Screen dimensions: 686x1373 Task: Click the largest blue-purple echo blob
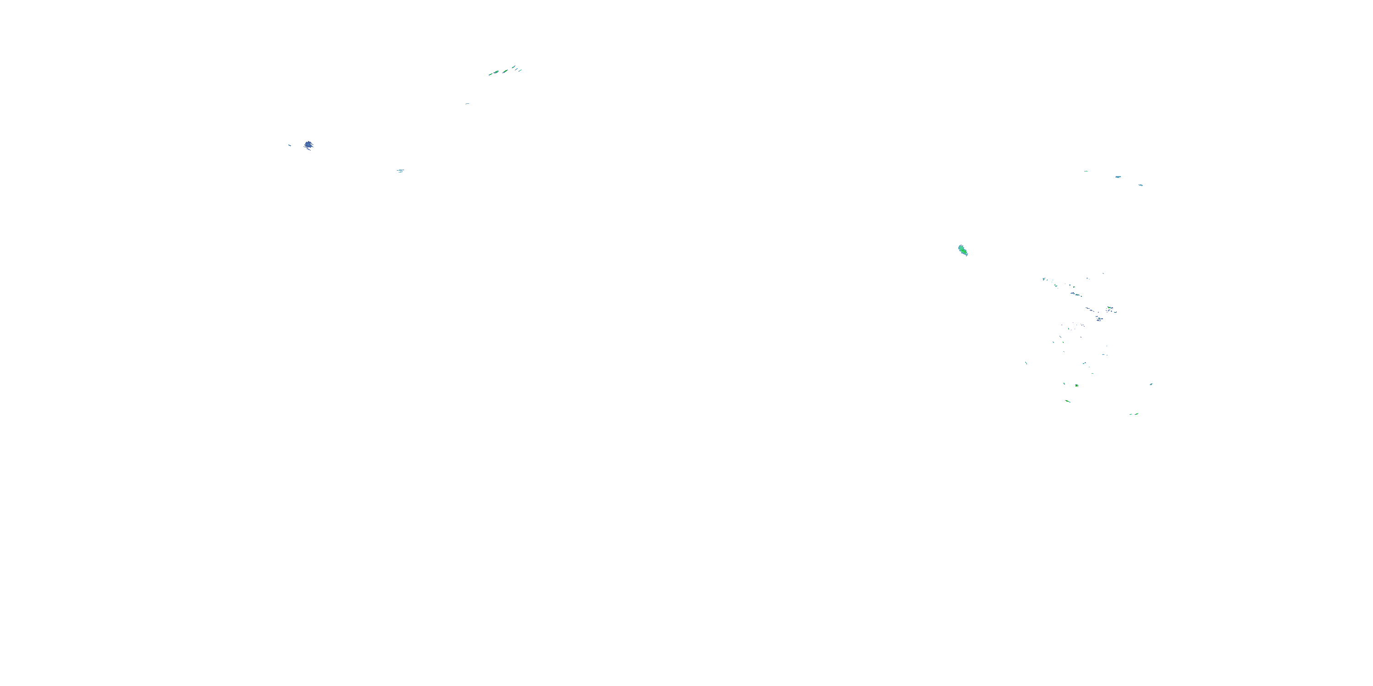tap(308, 145)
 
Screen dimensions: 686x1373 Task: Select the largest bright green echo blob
tap(962, 250)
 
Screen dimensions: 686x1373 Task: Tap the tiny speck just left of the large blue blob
tap(289, 145)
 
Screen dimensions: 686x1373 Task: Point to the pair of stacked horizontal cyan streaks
tap(400, 171)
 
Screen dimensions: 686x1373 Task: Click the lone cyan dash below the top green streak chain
tap(467, 104)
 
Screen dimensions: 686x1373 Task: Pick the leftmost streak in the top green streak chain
tap(491, 74)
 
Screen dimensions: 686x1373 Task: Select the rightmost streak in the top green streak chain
tap(519, 70)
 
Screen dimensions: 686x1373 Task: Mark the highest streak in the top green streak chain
tap(514, 67)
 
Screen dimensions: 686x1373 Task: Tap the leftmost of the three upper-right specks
tap(1086, 171)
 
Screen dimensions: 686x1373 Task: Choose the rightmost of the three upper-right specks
tap(1141, 185)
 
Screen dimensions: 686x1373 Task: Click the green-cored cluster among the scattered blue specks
tap(1110, 308)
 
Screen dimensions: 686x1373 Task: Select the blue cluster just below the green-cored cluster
tap(1100, 319)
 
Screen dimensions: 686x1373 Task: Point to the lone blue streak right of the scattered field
tap(1151, 384)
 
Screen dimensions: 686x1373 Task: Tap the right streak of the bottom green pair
tap(1136, 413)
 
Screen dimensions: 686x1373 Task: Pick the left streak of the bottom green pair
tap(1130, 414)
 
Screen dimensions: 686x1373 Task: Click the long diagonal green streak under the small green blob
tap(1068, 401)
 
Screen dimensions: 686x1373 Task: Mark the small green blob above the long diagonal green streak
tap(1076, 385)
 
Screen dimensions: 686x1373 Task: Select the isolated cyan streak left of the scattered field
tap(1026, 363)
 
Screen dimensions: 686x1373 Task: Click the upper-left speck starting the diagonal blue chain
tap(1044, 279)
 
